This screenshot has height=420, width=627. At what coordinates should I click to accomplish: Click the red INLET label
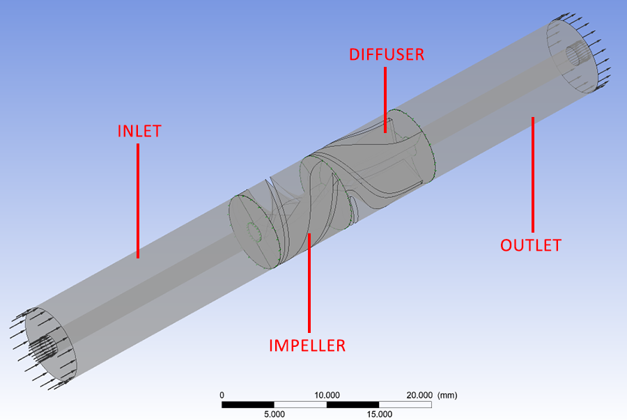coord(139,130)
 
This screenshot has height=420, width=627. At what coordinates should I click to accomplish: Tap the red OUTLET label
coord(531,244)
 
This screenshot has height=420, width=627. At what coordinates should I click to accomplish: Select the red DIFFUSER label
coord(387,54)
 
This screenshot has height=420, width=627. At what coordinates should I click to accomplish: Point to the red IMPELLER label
coord(307,345)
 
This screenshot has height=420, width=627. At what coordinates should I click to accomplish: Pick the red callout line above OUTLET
coord(533,174)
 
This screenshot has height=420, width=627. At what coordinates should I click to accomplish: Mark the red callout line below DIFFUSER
coord(385,98)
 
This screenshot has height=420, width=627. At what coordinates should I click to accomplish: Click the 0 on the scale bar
coord(222,394)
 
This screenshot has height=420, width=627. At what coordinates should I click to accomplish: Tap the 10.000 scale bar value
coord(327,394)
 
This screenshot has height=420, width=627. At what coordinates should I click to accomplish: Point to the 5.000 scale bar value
coord(274,414)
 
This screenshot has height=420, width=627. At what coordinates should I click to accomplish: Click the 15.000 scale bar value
coord(380,414)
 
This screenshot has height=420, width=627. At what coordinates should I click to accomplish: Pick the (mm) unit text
coord(447,394)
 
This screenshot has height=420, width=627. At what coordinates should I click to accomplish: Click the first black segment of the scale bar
coord(248,404)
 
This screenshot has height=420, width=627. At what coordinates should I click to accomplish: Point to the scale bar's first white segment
coord(301,404)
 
